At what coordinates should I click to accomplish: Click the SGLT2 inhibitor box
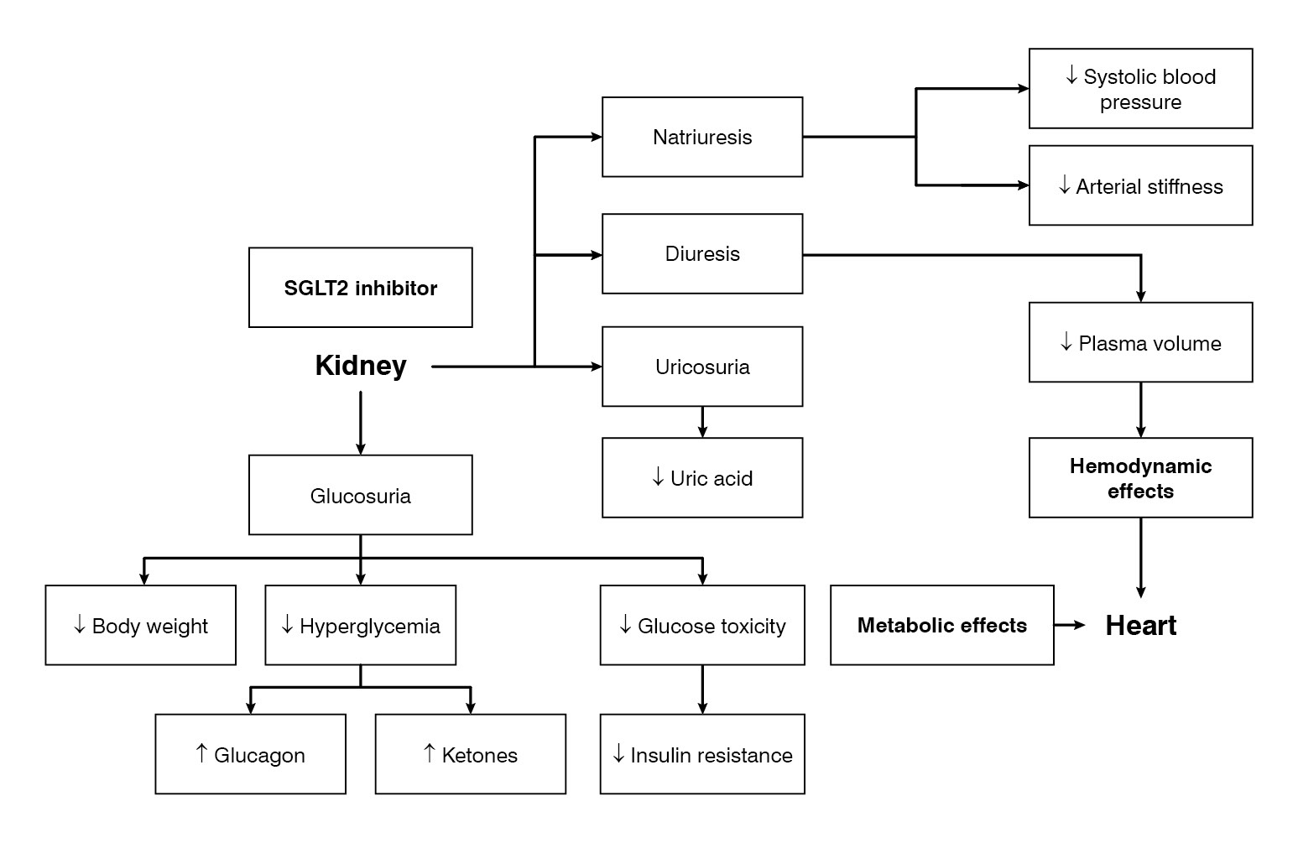[360, 288]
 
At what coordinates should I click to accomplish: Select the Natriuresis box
[702, 137]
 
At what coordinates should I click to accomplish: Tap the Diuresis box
[702, 254]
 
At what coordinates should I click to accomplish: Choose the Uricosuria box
[702, 367]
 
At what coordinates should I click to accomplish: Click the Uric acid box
[702, 478]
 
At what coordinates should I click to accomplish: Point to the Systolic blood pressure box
[1140, 89]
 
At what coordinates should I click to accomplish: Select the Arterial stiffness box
[1140, 185]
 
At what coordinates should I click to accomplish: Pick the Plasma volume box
[1140, 342]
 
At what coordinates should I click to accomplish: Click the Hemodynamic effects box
[1140, 478]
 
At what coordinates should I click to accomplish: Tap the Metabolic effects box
[941, 625]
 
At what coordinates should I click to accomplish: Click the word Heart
[1140, 625]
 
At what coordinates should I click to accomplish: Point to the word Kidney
[361, 366]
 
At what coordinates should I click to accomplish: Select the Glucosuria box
[360, 495]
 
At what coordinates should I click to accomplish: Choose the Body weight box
[140, 625]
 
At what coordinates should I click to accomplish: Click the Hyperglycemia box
[360, 625]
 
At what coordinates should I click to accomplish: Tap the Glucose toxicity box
[702, 625]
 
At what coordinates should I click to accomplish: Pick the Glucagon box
[250, 754]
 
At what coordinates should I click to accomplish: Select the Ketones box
[470, 754]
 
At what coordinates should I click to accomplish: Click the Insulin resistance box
[702, 754]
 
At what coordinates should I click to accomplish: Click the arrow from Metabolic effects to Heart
[1070, 625]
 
